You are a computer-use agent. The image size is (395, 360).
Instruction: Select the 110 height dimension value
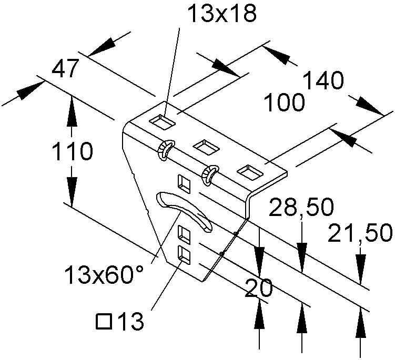[72, 152]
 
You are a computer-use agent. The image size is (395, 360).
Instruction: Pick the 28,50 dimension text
[301, 208]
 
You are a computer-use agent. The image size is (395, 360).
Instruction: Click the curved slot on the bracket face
[184, 210]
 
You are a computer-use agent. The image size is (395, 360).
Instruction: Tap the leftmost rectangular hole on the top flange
[161, 122]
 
